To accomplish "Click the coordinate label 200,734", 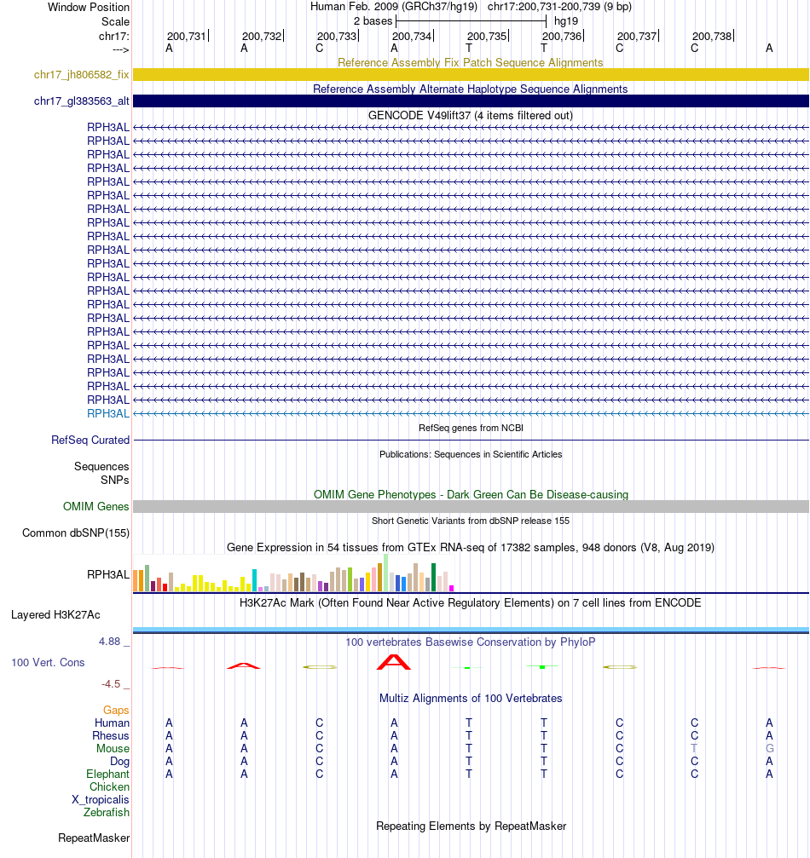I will [411, 36].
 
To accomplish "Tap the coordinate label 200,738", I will [712, 36].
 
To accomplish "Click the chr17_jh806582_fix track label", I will [81, 75].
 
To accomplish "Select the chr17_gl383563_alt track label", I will [81, 101].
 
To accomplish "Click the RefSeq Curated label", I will [90, 441].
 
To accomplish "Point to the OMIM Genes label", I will [95, 507].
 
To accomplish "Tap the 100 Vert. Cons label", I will [48, 662].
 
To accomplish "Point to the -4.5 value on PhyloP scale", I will [115, 684].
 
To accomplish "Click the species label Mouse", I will [113, 749].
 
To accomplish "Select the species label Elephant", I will [107, 775].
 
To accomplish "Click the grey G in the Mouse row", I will [769, 749].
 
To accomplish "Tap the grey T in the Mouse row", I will [694, 749].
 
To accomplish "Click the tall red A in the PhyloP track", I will [394, 661].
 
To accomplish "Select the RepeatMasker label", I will [94, 838].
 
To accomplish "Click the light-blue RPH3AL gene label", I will [107, 413].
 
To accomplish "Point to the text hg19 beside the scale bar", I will [565, 20].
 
